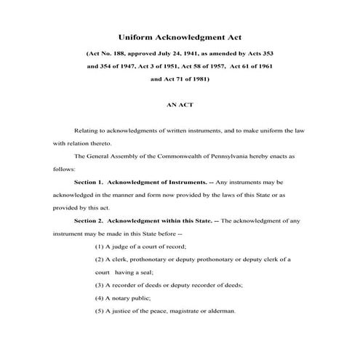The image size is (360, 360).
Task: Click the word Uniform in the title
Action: [135, 37]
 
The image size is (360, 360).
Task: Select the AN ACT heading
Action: [180, 105]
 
